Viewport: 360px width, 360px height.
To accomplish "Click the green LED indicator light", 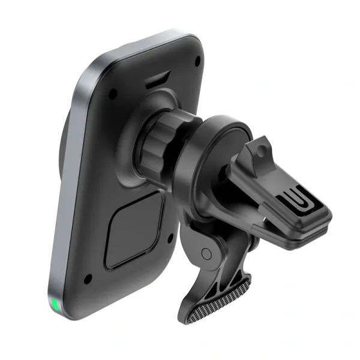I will pos(55,306).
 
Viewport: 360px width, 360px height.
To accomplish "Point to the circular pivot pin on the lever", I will pos(207,253).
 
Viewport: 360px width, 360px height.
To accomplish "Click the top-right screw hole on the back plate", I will pos(198,59).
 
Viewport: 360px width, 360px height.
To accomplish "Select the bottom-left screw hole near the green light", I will pos(88,279).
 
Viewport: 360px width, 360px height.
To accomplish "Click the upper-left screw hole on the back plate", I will pos(112,94).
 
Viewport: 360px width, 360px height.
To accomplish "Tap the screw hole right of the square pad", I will pos(171,236).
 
